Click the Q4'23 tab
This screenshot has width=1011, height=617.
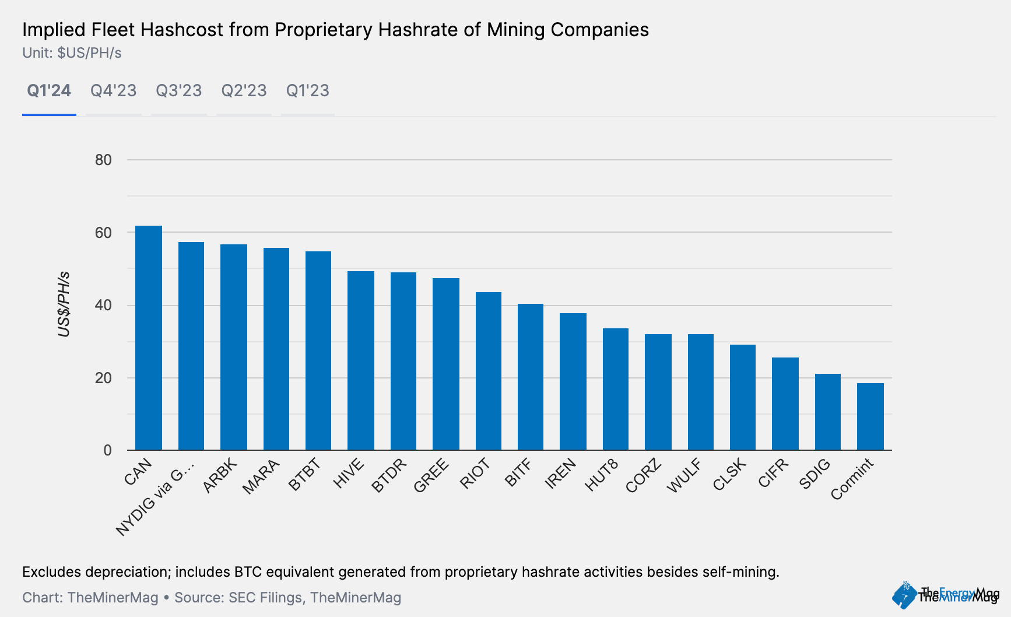pyautogui.click(x=113, y=91)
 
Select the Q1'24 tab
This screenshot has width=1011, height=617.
pyautogui.click(x=49, y=91)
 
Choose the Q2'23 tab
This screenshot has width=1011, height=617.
pyautogui.click(x=244, y=91)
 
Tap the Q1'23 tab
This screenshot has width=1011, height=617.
pyautogui.click(x=308, y=91)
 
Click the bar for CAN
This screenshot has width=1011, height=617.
pyautogui.click(x=149, y=338)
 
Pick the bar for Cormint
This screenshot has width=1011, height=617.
pyautogui.click(x=870, y=416)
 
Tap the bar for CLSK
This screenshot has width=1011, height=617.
pyautogui.click(x=743, y=397)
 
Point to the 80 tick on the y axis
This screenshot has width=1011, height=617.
pyautogui.click(x=103, y=160)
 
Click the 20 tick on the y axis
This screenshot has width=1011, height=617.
pyautogui.click(x=103, y=378)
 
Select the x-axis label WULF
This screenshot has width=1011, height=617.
pyautogui.click(x=684, y=475)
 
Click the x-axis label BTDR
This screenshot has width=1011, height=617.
pyautogui.click(x=389, y=475)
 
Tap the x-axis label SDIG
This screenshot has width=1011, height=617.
pyautogui.click(x=815, y=474)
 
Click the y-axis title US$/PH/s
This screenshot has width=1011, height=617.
pyautogui.click(x=64, y=304)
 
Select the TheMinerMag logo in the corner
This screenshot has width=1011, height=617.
pyautogui.click(x=945, y=595)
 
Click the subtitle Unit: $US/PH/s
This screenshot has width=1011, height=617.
pyautogui.click(x=72, y=53)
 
